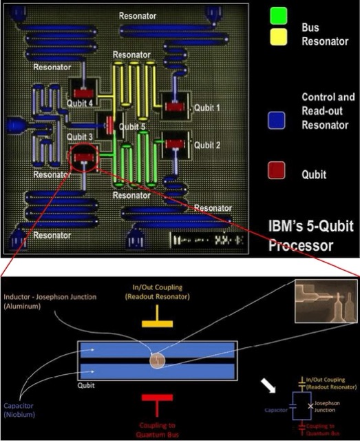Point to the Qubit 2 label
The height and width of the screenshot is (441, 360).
pos(207,145)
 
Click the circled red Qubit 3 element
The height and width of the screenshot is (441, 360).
pos(85,158)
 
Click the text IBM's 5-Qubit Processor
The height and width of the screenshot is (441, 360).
pos(312,235)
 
